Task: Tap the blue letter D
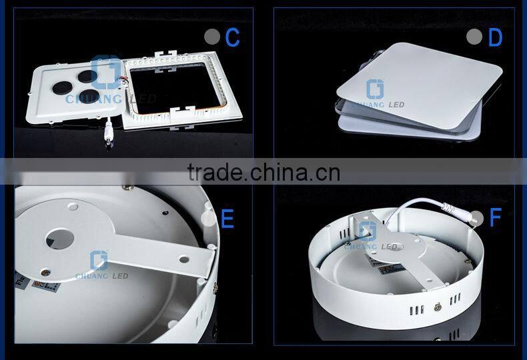[x=494, y=37]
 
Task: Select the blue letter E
[x=227, y=219]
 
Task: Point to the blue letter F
[x=494, y=217]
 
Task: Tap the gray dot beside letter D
[x=474, y=37]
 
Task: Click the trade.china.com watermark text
[x=263, y=172]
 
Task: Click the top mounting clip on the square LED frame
[x=164, y=55]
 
